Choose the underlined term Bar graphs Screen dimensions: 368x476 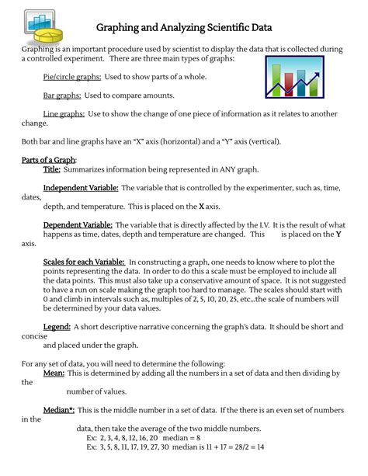click(x=62, y=96)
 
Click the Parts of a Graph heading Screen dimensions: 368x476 click(x=49, y=160)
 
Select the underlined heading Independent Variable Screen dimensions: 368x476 click(x=81, y=188)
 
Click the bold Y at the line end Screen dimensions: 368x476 click(x=338, y=234)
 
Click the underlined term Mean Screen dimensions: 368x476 click(x=54, y=374)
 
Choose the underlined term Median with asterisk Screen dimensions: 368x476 click(x=60, y=410)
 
